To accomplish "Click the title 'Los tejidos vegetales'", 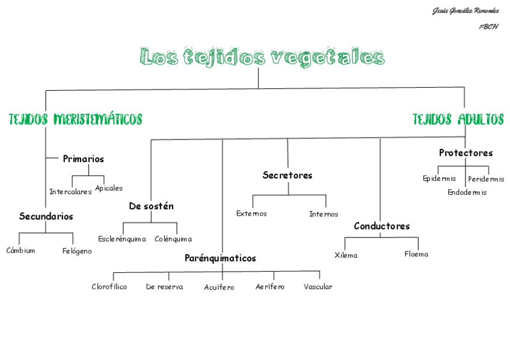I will coord(262,57).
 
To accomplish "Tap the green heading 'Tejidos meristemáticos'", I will coord(75,119).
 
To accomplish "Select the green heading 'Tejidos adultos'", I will coord(458,119).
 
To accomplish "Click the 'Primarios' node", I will coord(83,159).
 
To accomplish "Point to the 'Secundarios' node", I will coord(46,216).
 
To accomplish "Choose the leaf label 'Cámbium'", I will coord(20,251).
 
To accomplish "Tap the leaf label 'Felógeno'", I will coord(77,251).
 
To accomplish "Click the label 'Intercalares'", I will coord(70,192).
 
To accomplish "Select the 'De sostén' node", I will coord(151,206).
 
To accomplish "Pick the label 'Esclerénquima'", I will coord(122,239).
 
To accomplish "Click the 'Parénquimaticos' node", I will coord(220,258).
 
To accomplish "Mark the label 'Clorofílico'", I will coord(109,287).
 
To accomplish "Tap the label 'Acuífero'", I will coord(219,288).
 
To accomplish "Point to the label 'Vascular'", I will coord(318,287).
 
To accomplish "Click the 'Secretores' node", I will coord(287,175).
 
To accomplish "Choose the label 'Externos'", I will coord(251,214).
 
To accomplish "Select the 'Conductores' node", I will coord(381,227).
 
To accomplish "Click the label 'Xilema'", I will coord(346,255).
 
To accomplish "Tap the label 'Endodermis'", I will coord(467,193).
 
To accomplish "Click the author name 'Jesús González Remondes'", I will coord(465,11).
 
